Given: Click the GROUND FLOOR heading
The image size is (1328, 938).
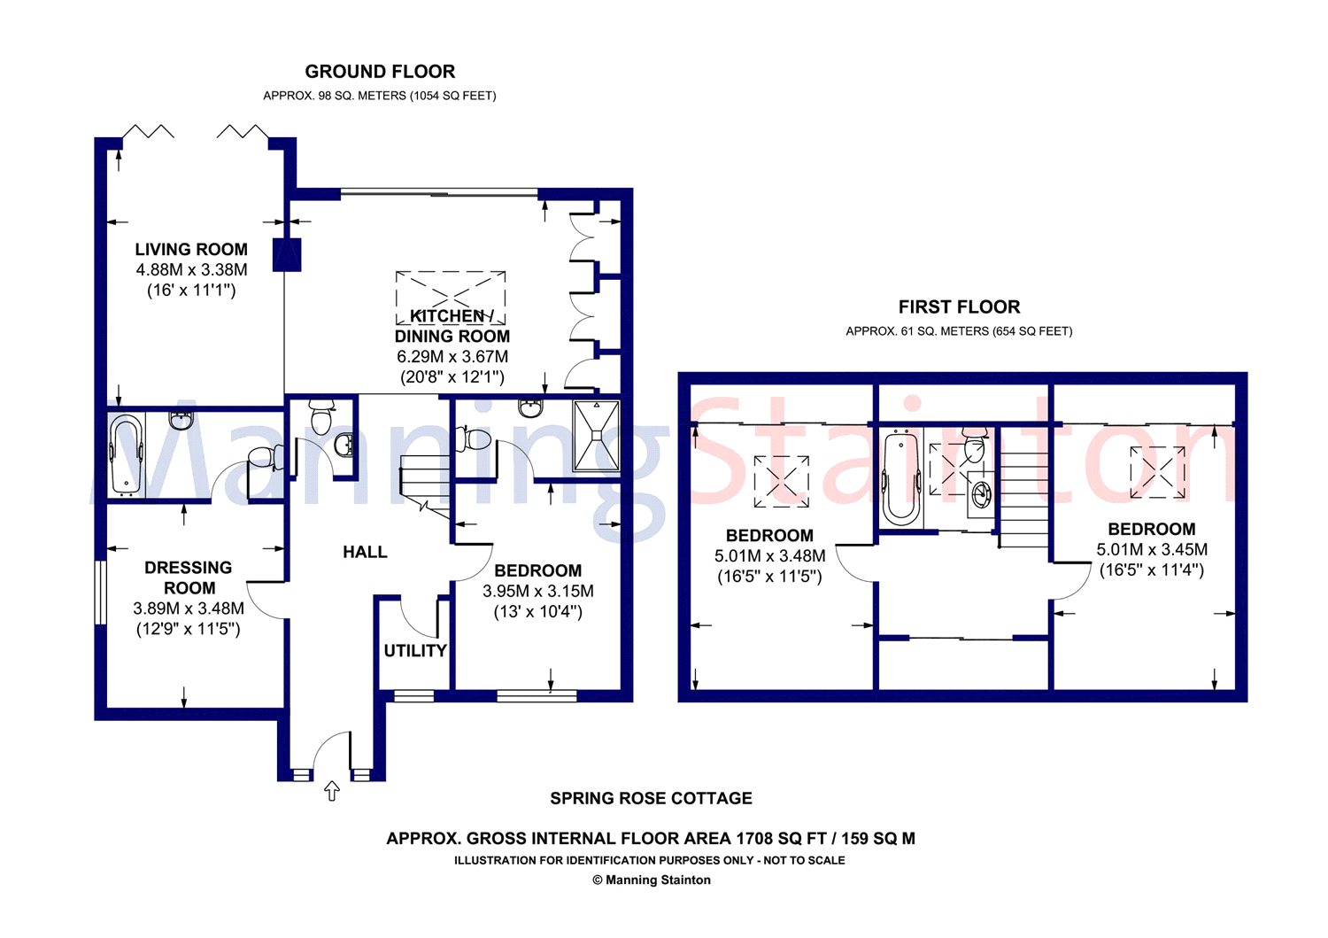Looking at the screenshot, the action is pos(380,72).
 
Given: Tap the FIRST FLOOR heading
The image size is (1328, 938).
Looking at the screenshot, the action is pos(959,306).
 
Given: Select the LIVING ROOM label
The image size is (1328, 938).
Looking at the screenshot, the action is pos(191,249).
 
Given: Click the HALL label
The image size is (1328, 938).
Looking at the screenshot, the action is pos(365,552).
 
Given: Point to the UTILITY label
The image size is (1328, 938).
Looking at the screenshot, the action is pos(415,651).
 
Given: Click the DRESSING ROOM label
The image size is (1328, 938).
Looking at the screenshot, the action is pos(189,578).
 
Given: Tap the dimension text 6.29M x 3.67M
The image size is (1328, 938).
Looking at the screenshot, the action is pos(452,357).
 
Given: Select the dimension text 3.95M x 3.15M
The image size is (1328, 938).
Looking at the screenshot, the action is pos(537,591).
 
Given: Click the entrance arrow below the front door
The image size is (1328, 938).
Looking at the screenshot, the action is pos(331,791).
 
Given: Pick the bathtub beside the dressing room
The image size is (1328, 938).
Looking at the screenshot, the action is pos(127,455).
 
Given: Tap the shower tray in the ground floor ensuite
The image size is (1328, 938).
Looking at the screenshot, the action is pos(597,436).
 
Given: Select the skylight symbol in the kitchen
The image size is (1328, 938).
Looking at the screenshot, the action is pos(451,298).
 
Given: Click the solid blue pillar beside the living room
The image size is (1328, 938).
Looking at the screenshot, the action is pos(287,255).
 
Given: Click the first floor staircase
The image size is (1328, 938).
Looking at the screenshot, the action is pos(1023,486).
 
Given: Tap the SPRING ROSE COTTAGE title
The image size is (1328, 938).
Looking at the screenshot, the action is pos(651,798).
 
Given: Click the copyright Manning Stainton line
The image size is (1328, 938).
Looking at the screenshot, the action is pos(651,880).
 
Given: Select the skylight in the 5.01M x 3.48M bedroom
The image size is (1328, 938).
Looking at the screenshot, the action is pos(782,481).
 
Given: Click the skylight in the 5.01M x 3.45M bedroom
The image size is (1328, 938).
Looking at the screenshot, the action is pos(1157,472).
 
